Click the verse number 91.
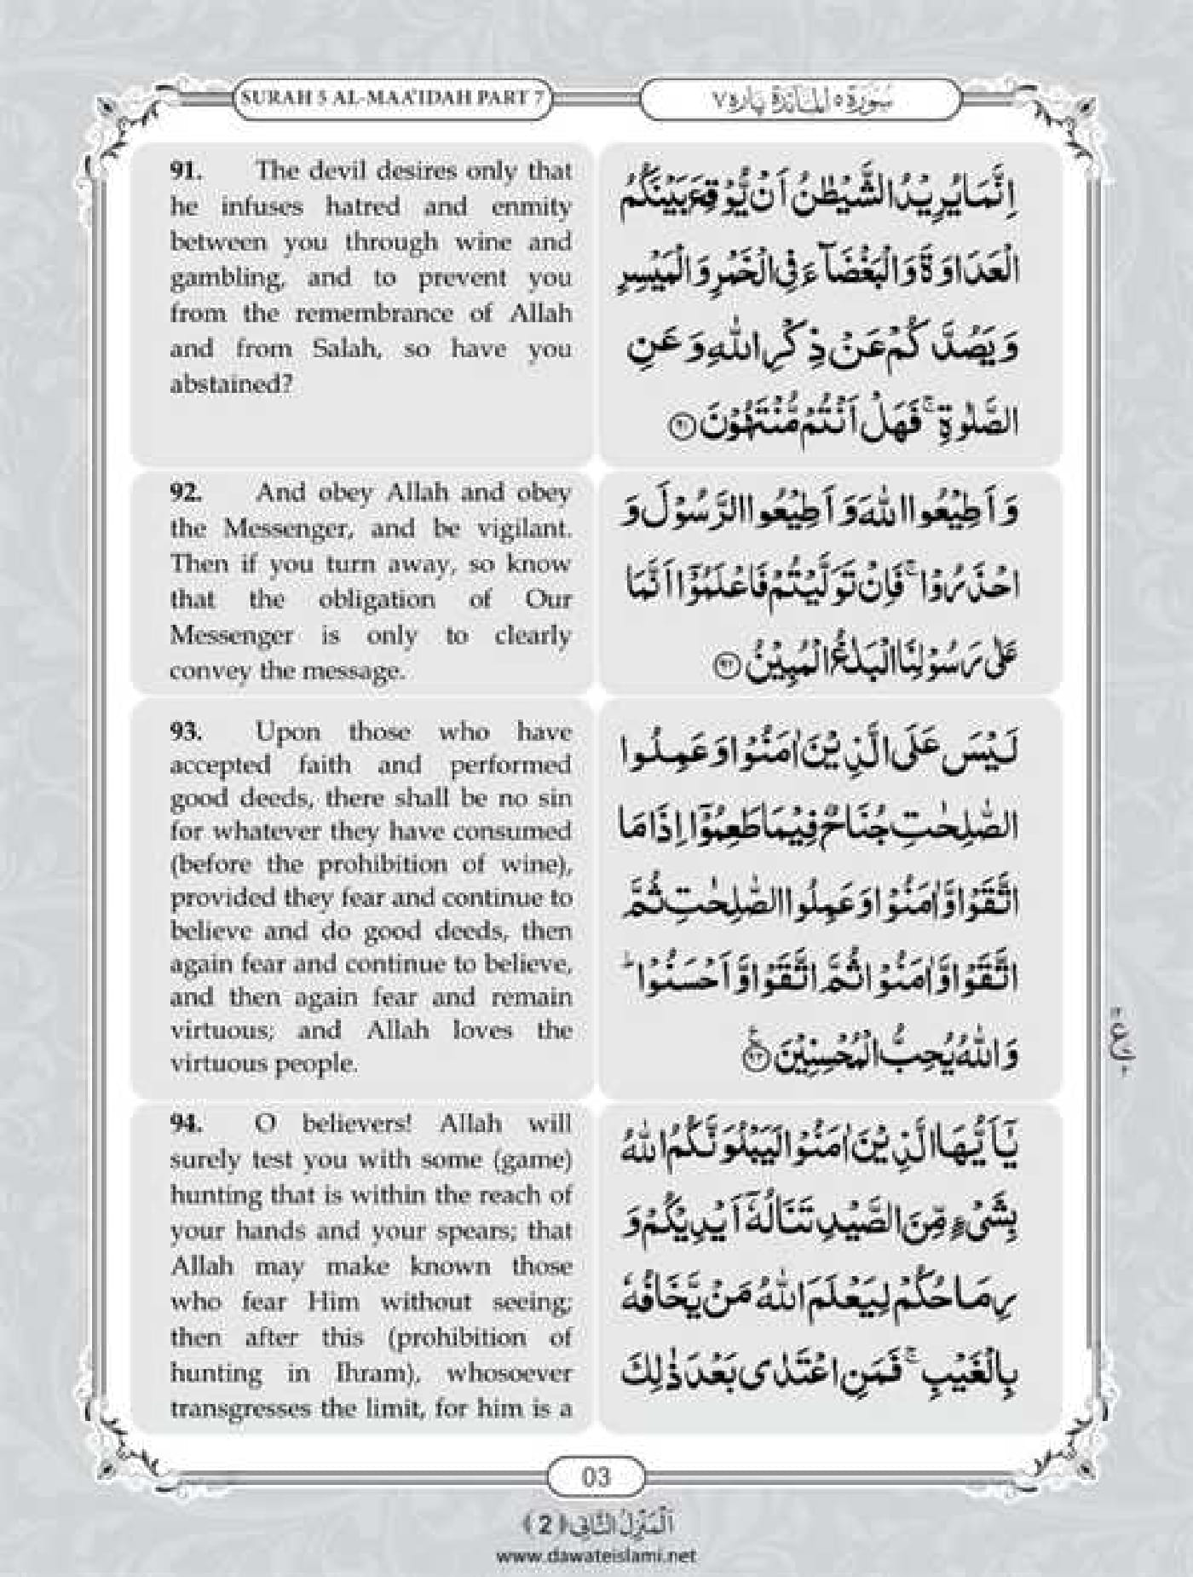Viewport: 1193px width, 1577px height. [x=185, y=170]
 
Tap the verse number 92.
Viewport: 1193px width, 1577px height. [x=185, y=493]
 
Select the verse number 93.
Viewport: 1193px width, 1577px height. [x=185, y=732]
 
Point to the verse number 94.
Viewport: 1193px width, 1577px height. [x=185, y=1124]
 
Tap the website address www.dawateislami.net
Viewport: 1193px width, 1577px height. [x=596, y=1555]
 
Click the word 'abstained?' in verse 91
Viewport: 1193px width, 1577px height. [x=231, y=384]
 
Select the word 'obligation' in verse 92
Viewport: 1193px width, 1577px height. [x=377, y=599]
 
